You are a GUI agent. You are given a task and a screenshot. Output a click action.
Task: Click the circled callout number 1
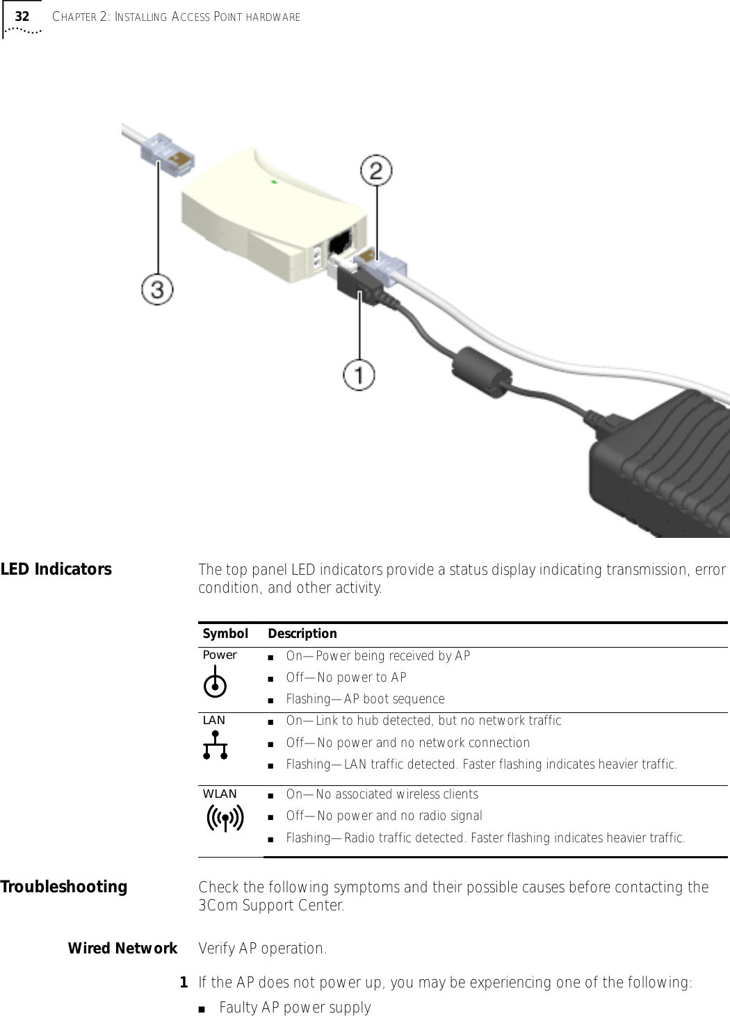click(x=359, y=375)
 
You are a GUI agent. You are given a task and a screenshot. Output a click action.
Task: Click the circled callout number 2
click(x=376, y=171)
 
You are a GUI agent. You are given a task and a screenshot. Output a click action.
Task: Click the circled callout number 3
click(x=158, y=289)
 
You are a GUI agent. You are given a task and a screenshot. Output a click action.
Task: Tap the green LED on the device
click(x=274, y=182)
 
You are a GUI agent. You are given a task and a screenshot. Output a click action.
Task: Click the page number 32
click(x=22, y=16)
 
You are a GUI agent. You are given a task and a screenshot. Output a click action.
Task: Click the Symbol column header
click(x=225, y=634)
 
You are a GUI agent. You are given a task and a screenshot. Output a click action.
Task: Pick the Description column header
click(x=302, y=634)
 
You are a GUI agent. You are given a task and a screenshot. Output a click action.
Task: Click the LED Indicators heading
click(x=56, y=569)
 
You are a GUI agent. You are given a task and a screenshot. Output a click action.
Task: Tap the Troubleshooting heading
click(x=64, y=887)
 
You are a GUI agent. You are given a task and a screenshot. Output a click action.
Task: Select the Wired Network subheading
click(x=122, y=949)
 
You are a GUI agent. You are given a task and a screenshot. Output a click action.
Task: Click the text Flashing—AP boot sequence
click(x=365, y=699)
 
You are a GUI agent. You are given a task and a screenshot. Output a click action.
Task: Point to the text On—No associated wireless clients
click(x=382, y=794)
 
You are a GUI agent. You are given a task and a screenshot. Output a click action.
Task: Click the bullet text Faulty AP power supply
click(x=295, y=1008)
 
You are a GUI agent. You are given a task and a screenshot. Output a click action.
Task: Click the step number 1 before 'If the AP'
click(x=184, y=983)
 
